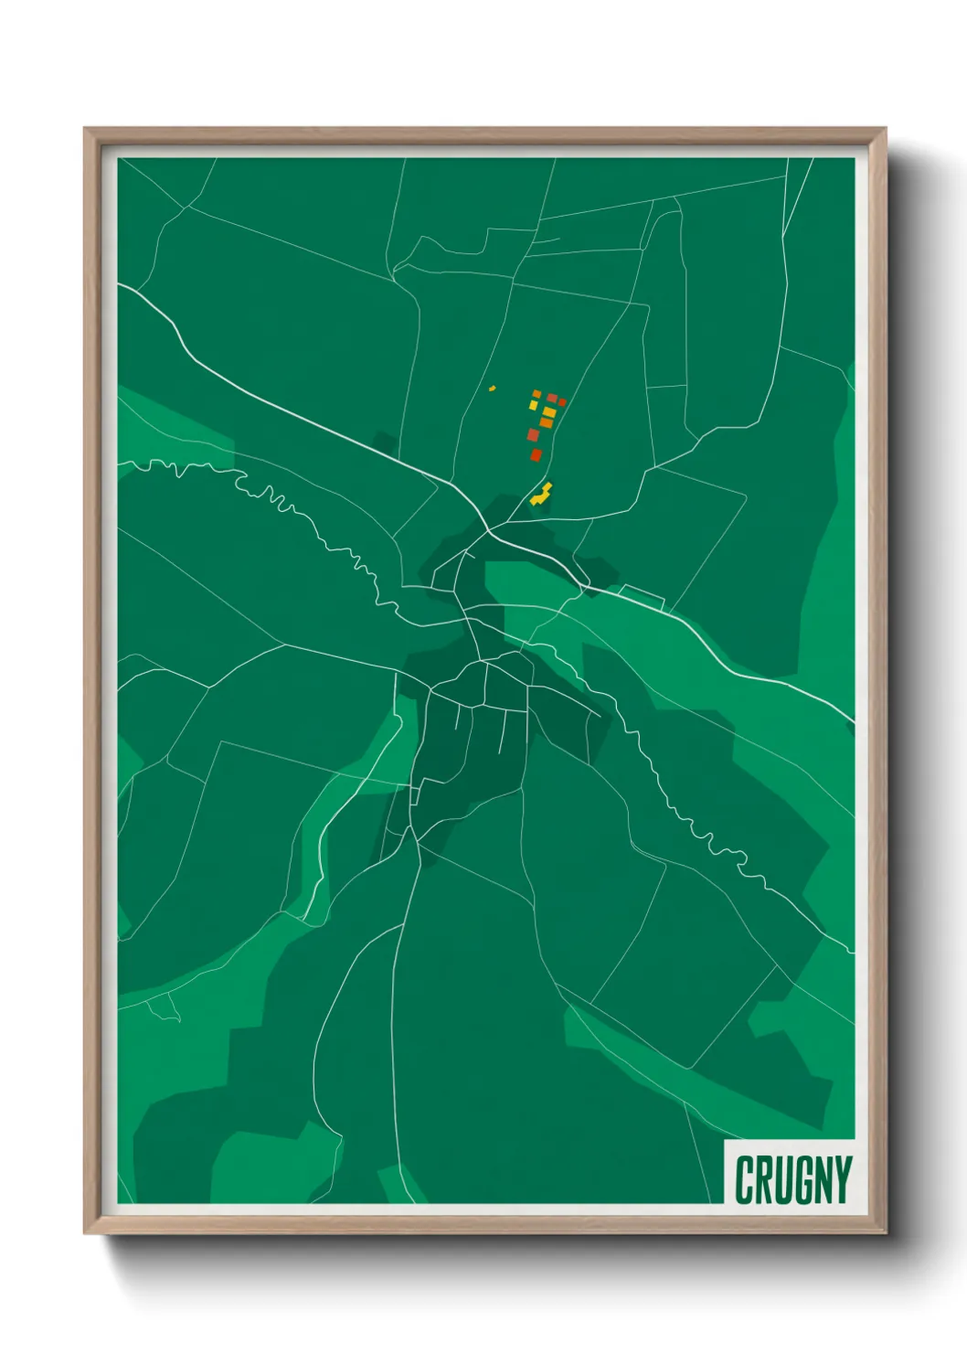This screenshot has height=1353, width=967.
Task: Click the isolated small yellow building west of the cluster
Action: pos(492,389)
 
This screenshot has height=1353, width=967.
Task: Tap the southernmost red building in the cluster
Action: pos(537,454)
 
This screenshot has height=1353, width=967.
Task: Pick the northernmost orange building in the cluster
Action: pos(537,394)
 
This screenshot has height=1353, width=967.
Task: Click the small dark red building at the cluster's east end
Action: pos(561,401)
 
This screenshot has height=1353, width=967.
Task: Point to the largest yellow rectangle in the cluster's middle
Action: pos(548,412)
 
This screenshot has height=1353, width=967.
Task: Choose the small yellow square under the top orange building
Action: pos(535,404)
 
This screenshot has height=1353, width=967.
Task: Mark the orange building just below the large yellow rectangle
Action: pos(547,422)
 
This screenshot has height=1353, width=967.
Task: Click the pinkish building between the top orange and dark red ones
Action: pos(551,398)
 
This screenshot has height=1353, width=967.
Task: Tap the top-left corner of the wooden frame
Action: pos(85,129)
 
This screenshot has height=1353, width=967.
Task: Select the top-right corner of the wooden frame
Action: pos(885,129)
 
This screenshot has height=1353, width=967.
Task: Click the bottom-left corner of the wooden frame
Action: pos(85,1233)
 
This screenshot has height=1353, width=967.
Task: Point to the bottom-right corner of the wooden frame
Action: pos(885,1233)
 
